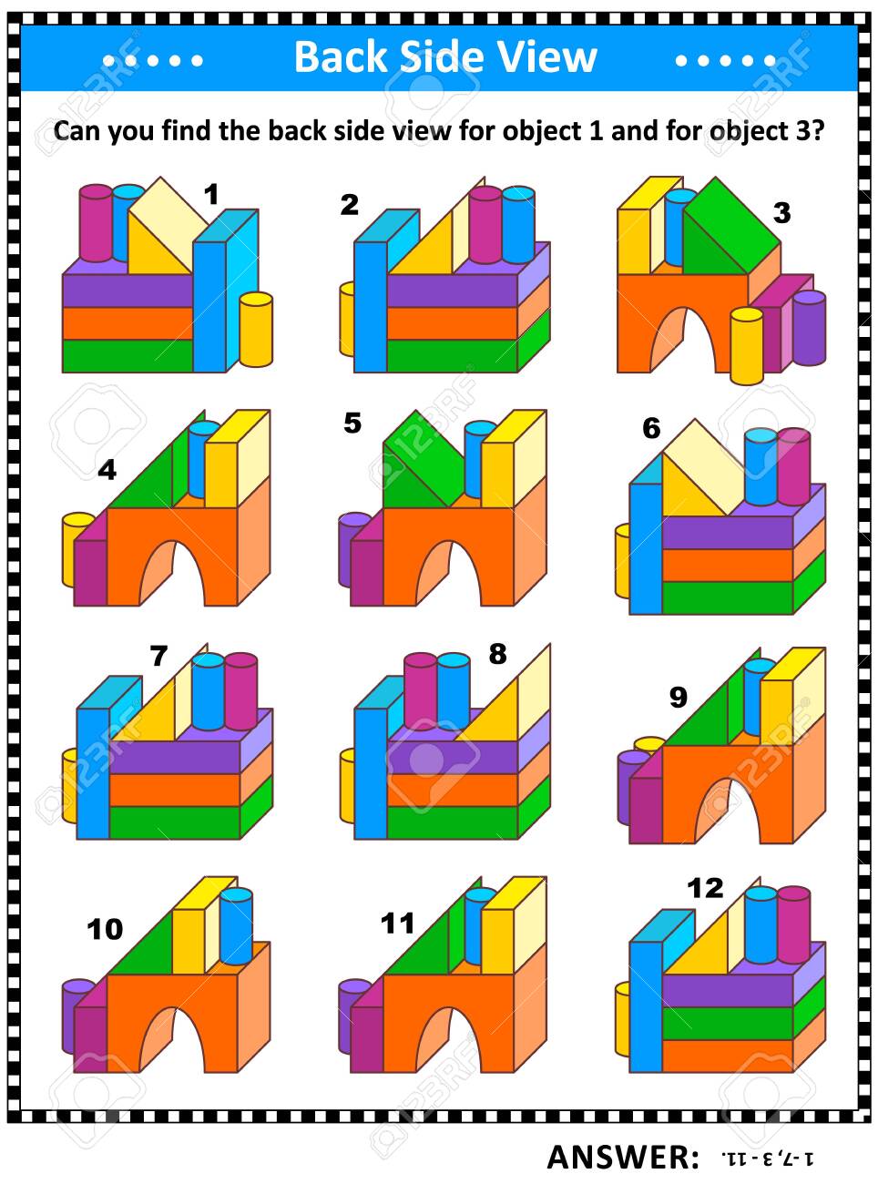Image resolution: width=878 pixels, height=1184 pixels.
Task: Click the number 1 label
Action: (211, 195)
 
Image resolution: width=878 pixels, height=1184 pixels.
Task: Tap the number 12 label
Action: (705, 887)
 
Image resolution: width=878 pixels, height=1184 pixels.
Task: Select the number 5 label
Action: (352, 424)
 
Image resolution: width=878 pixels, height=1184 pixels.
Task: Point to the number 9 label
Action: (678, 697)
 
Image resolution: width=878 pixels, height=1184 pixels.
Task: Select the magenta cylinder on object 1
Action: (96, 223)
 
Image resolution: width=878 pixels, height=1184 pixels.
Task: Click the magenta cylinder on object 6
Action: (793, 464)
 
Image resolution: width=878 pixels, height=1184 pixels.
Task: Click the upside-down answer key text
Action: (767, 1159)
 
